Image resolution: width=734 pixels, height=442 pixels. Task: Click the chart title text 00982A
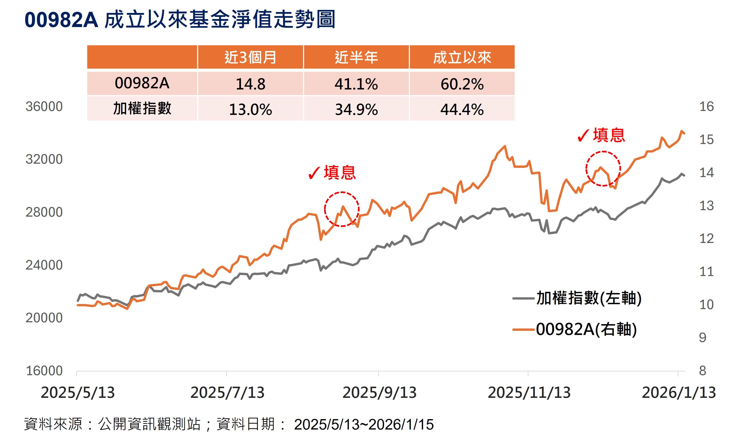[x=61, y=20]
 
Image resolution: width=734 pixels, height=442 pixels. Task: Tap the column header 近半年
[x=356, y=57]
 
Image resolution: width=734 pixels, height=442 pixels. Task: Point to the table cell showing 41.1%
[x=356, y=84]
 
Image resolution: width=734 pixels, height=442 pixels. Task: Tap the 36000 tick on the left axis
[x=44, y=107]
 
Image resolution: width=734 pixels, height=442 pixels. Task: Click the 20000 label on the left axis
[x=44, y=318]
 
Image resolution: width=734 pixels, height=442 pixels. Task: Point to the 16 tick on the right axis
[x=706, y=107]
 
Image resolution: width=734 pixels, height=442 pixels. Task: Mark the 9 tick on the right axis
[x=702, y=338]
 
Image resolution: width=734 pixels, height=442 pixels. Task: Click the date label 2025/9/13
[x=379, y=393]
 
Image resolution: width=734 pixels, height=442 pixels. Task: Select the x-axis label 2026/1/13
[x=679, y=393]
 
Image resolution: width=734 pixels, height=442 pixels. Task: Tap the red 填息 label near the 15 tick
[x=608, y=135]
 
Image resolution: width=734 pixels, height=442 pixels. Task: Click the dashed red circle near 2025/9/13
[x=342, y=209]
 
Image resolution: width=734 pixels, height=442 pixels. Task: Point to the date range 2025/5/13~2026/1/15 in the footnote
[x=364, y=424]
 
